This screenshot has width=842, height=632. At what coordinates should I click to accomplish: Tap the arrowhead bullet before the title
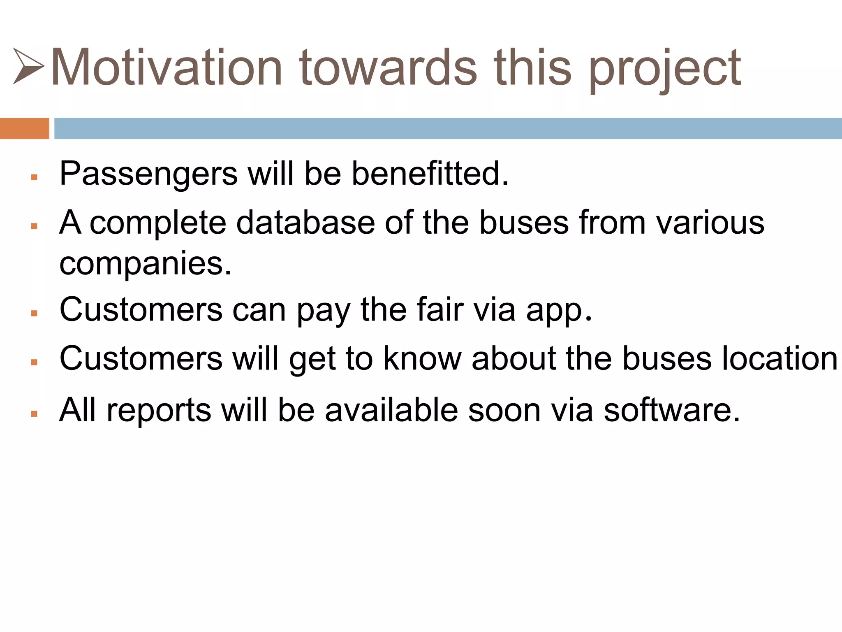pyautogui.click(x=28, y=66)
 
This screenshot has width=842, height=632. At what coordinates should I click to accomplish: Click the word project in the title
pyautogui.click(x=665, y=70)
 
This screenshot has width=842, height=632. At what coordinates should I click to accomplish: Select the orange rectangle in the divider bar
pyautogui.click(x=24, y=128)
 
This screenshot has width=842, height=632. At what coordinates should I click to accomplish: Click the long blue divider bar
pyautogui.click(x=448, y=128)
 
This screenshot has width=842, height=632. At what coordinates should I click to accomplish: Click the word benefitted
pyautogui.click(x=430, y=173)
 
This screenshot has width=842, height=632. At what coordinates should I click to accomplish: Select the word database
pyautogui.click(x=305, y=222)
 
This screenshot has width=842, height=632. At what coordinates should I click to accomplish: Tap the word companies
pyautogui.click(x=145, y=264)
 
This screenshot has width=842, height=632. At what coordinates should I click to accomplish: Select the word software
pyautogui.click(x=672, y=410)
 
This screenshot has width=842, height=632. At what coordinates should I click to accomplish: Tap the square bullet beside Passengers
pyautogui.click(x=34, y=177)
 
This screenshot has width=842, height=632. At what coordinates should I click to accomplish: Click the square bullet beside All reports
pyautogui.click(x=34, y=414)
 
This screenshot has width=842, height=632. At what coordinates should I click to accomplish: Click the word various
pyautogui.click(x=710, y=222)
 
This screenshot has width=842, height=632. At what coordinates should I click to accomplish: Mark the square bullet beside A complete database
pyautogui.click(x=34, y=226)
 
